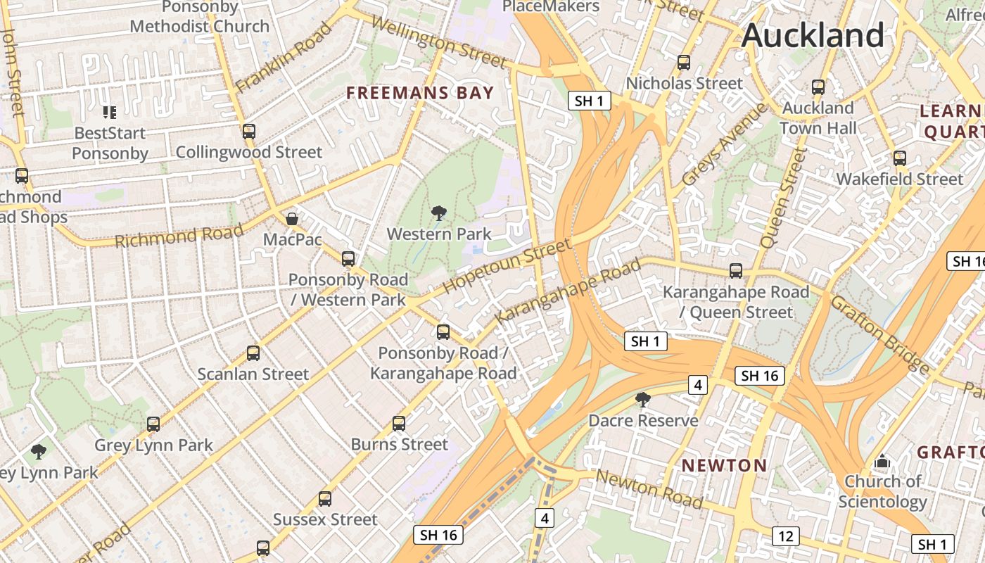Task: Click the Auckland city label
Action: (813, 35)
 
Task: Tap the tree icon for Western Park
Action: (439, 213)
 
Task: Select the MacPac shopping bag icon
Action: (292, 219)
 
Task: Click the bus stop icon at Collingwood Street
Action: (248, 131)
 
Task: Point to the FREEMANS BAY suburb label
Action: (420, 92)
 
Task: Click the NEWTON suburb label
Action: (724, 465)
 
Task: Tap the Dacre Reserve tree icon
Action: (642, 400)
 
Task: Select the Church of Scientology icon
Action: (882, 462)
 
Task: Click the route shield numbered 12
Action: (785, 536)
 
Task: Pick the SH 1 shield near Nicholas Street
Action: (589, 101)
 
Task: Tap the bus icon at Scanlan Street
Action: (253, 353)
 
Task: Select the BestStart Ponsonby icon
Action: (109, 113)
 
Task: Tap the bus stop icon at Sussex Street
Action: (324, 499)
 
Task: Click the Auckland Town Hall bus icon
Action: (818, 87)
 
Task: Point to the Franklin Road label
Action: (283, 58)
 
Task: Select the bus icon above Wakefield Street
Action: (899, 158)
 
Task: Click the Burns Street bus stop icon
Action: (399, 424)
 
